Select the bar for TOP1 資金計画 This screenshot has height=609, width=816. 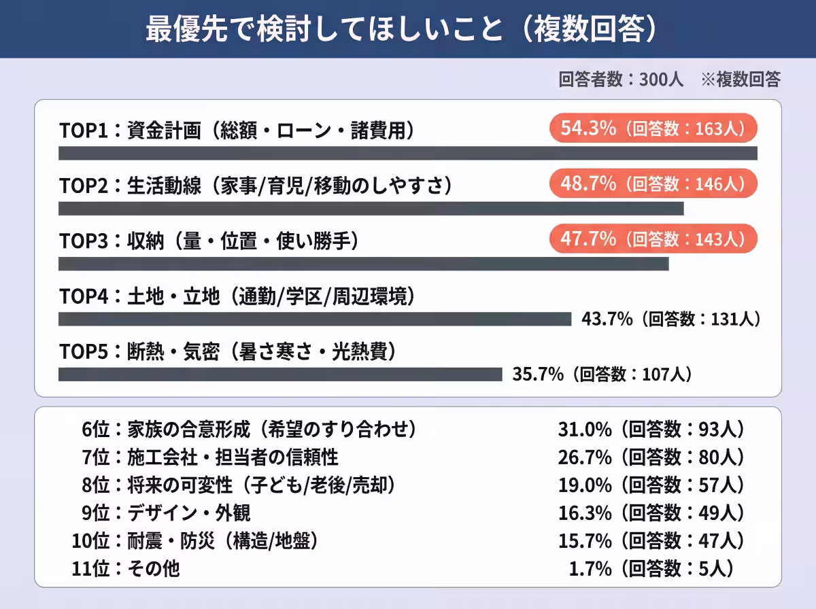coord(408,153)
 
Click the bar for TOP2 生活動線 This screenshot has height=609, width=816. coord(371,209)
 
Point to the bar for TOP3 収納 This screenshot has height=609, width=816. coord(364,264)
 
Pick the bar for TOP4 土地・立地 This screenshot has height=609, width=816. coord(315,319)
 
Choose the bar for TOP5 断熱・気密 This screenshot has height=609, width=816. coord(280,375)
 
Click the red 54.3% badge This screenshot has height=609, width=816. coord(653,128)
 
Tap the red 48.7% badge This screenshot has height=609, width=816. coord(653,184)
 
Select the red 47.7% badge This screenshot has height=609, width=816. coord(653,239)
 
